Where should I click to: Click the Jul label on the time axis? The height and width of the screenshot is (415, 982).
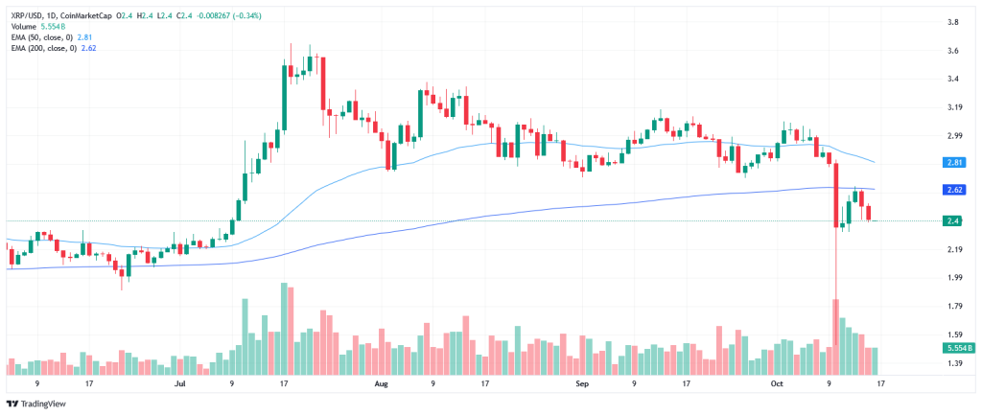tap(179, 382)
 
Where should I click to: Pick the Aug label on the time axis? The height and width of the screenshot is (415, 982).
tap(381, 382)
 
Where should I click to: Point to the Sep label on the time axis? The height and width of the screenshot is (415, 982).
tap(581, 382)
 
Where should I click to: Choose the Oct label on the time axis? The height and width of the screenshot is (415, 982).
tap(778, 382)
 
